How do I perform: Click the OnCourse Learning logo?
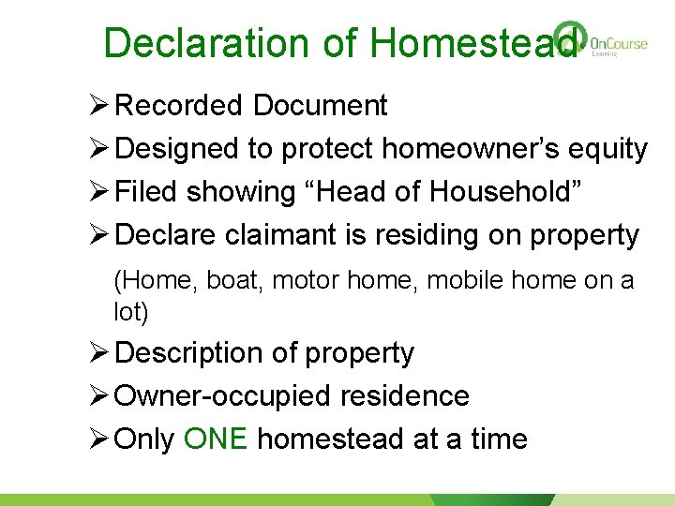pyautogui.click(x=600, y=41)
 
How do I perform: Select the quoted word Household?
pyautogui.click(x=506, y=192)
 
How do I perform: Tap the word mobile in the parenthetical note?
pyautogui.click(x=459, y=280)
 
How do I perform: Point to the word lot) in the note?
pyautogui.click(x=130, y=312)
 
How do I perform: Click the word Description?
pyautogui.click(x=190, y=353)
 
